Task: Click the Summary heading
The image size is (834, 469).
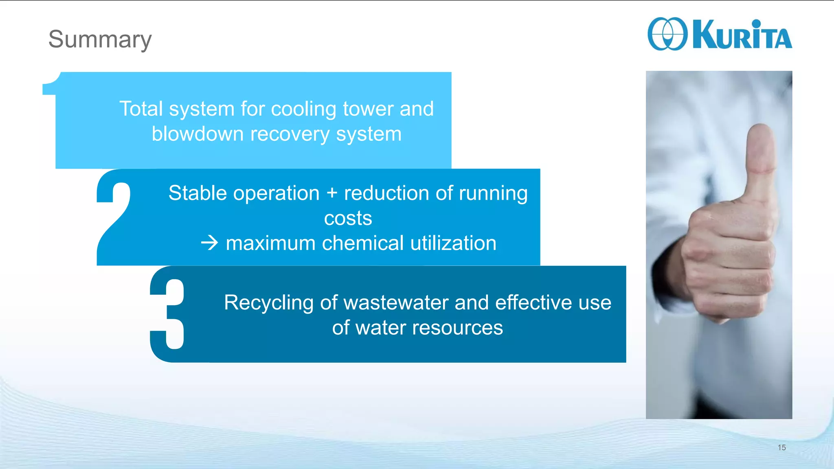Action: point(100,39)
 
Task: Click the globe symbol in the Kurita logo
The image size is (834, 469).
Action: point(667,34)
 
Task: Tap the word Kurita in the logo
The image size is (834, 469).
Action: point(742,35)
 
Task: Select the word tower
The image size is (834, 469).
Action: point(368,109)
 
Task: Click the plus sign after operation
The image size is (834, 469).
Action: point(332,193)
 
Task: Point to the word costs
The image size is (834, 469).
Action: point(348,219)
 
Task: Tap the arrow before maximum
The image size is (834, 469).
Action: point(210,243)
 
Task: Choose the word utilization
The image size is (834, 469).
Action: point(453,243)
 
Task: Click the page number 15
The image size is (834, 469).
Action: point(781,447)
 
